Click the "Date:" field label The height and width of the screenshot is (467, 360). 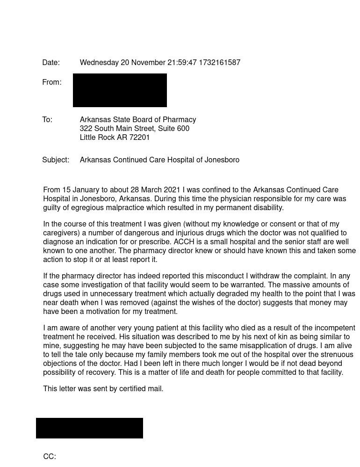[x=51, y=63]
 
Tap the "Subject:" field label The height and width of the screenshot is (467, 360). [x=56, y=160]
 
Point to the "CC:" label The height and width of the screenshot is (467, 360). [x=50, y=457]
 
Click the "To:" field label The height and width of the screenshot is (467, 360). [x=47, y=120]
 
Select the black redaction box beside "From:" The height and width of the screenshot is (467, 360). [x=120, y=90]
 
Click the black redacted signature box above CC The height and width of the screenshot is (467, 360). [x=89, y=428]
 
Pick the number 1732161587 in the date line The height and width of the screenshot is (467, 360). [x=219, y=63]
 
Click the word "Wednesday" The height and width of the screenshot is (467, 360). [x=99, y=63]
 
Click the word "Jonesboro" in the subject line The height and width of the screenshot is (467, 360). [x=222, y=160]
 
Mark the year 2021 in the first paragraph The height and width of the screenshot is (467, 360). [x=172, y=190]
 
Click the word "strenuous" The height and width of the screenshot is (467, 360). [x=338, y=355]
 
